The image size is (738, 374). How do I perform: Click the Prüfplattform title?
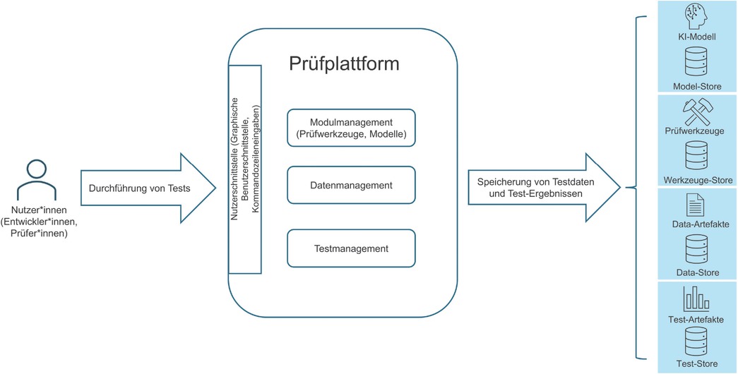coord(345,64)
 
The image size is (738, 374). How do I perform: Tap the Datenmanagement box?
coord(350,186)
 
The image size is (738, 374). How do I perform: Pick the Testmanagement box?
coord(350,248)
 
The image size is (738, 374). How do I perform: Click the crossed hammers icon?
coord(696,111)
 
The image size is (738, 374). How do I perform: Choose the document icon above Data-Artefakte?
coord(696,206)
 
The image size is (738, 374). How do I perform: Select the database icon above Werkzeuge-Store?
coord(696,156)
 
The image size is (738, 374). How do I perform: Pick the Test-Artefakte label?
coord(696,319)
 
